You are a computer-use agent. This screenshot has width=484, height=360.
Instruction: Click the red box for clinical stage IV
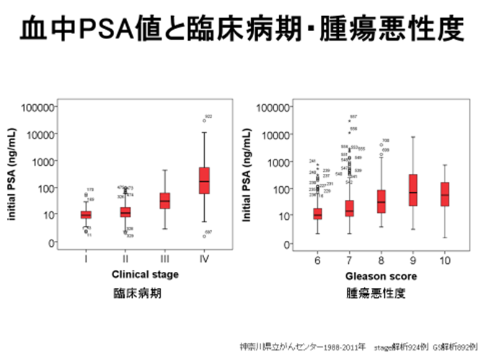pyautogui.click(x=204, y=181)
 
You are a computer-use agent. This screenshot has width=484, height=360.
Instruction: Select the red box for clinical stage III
pyautogui.click(x=164, y=200)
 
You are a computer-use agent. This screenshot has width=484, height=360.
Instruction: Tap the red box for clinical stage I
pyautogui.click(x=86, y=215)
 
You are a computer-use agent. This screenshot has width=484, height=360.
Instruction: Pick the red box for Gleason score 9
pyautogui.click(x=413, y=190)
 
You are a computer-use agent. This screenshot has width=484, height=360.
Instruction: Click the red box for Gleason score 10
pyautogui.click(x=445, y=194)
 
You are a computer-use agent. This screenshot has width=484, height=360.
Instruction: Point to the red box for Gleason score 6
pyautogui.click(x=318, y=214)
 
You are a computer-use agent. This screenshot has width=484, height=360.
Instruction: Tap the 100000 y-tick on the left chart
pyautogui.click(x=38, y=107)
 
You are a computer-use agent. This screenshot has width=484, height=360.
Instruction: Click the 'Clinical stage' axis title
pyautogui.click(x=145, y=274)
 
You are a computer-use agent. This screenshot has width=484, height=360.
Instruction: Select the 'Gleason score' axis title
pyautogui.click(x=381, y=276)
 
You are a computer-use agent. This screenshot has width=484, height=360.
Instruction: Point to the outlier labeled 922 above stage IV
pyautogui.click(x=204, y=120)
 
